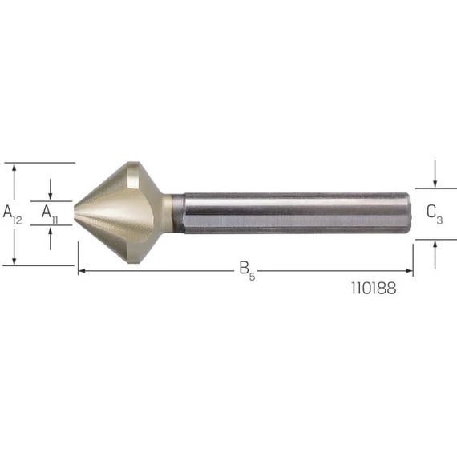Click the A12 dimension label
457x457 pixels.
[12, 215]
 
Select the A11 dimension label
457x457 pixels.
[50, 214]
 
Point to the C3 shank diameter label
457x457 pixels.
[435, 215]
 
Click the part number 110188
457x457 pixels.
[374, 289]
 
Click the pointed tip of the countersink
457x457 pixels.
[75, 212]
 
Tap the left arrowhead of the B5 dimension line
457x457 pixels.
[82, 271]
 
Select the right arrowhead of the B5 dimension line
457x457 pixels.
[410, 271]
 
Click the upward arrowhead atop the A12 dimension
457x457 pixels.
[14, 168]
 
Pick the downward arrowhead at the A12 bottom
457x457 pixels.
[14, 261]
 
